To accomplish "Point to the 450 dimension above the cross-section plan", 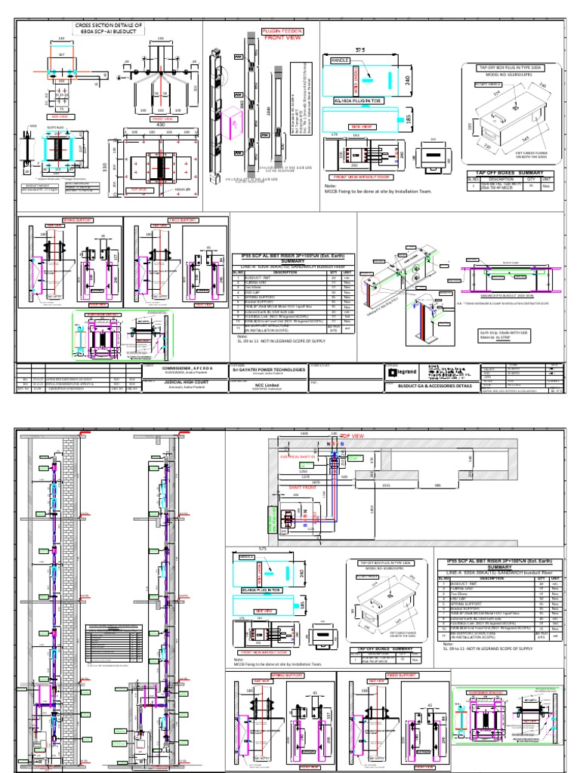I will pyautogui.click(x=159, y=125).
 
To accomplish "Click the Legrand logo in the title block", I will pyautogui.click(x=403, y=372).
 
